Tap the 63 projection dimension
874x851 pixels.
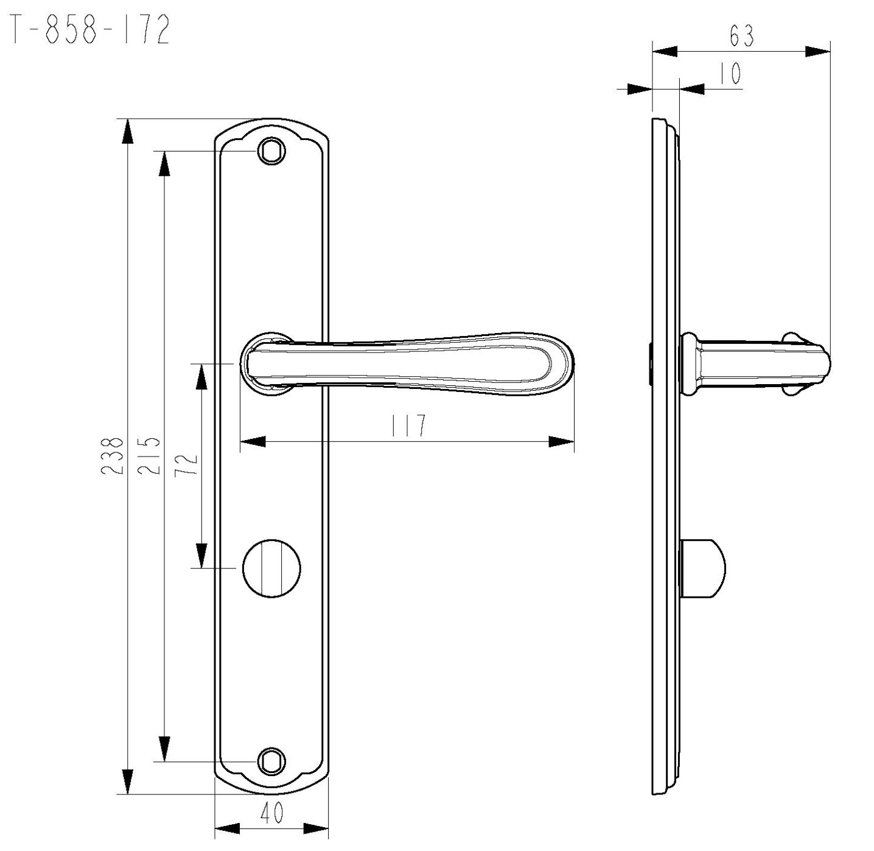pos(741,36)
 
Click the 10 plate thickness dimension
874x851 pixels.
pos(730,73)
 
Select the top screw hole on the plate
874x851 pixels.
pos(271,151)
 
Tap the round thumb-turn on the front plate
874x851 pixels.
pos(271,567)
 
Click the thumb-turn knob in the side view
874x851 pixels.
pos(702,568)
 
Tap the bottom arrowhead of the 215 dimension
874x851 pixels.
pos(165,749)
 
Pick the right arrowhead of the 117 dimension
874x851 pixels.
pos(561,442)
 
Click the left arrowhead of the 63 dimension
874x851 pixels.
pos(665,51)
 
